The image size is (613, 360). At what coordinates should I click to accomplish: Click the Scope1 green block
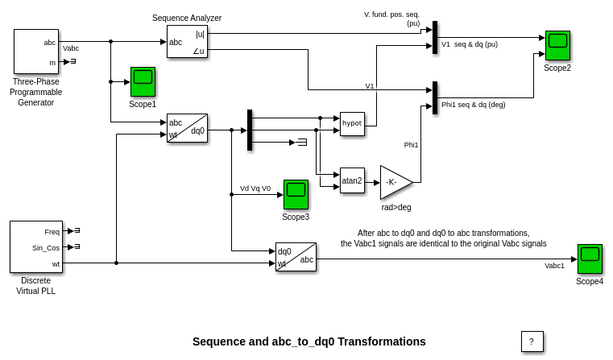pyautogui.click(x=143, y=81)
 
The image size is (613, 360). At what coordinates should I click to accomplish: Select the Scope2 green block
pyautogui.click(x=557, y=45)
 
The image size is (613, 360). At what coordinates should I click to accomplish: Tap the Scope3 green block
pyautogui.click(x=296, y=194)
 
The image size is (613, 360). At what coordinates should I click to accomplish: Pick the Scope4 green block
pyautogui.click(x=590, y=259)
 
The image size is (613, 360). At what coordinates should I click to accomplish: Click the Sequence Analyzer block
pyautogui.click(x=187, y=41)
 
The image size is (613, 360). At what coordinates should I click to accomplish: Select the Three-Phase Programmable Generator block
pyautogui.click(x=36, y=52)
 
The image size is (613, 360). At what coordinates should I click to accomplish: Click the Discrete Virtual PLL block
pyautogui.click(x=36, y=246)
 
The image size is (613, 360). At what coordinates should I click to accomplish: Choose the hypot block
pyautogui.click(x=352, y=123)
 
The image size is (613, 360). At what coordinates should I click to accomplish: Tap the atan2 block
pyautogui.click(x=352, y=180)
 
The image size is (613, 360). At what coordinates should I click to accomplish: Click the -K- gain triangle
pyautogui.click(x=393, y=182)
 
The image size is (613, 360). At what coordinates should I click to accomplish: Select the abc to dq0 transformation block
pyautogui.click(x=187, y=128)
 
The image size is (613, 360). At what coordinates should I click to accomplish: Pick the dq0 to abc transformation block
pyautogui.click(x=296, y=256)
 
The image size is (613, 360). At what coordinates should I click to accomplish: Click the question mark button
pyautogui.click(x=532, y=341)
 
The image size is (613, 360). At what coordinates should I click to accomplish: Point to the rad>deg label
pyautogui.click(x=396, y=207)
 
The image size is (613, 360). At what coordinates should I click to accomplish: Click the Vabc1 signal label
pyautogui.click(x=554, y=266)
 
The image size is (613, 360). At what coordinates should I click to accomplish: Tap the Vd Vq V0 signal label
pyautogui.click(x=255, y=188)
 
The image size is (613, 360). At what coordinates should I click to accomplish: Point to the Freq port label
pyautogui.click(x=52, y=231)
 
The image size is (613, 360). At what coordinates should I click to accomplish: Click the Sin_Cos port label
pyautogui.click(x=46, y=247)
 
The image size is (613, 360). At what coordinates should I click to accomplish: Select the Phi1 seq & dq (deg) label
pyautogui.click(x=473, y=104)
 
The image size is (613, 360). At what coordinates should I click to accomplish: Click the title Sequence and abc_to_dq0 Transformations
pyautogui.click(x=309, y=341)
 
